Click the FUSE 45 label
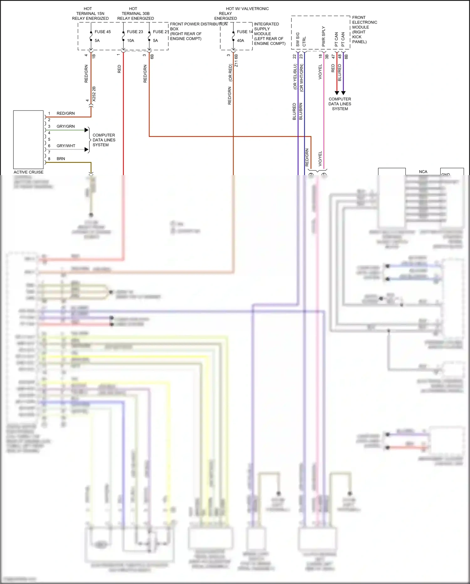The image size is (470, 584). tap(102, 32)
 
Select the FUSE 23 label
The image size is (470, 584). tap(135, 32)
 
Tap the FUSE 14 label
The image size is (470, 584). tap(245, 32)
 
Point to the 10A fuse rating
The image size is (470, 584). tap(130, 40)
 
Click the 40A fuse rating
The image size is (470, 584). tap(240, 40)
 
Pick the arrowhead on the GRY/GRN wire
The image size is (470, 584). tap(87, 130)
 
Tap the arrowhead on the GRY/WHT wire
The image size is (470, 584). tap(87, 149)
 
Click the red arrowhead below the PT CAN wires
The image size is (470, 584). tap(337, 93)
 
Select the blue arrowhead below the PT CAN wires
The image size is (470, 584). tap(343, 93)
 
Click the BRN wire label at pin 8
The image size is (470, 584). tap(61, 159)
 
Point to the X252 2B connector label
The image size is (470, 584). tap(94, 94)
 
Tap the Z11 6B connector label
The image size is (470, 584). tap(236, 61)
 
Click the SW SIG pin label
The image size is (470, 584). tap(298, 39)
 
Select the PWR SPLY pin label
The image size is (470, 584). tap(324, 36)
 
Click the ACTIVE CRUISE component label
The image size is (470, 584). tap(29, 172)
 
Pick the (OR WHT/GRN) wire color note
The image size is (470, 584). tap(301, 78)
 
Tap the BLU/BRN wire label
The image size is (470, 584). tap(301, 111)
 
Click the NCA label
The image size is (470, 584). tap(423, 172)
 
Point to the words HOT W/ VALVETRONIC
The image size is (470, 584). tap(247, 9)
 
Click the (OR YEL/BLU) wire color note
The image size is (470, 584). tap(295, 77)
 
